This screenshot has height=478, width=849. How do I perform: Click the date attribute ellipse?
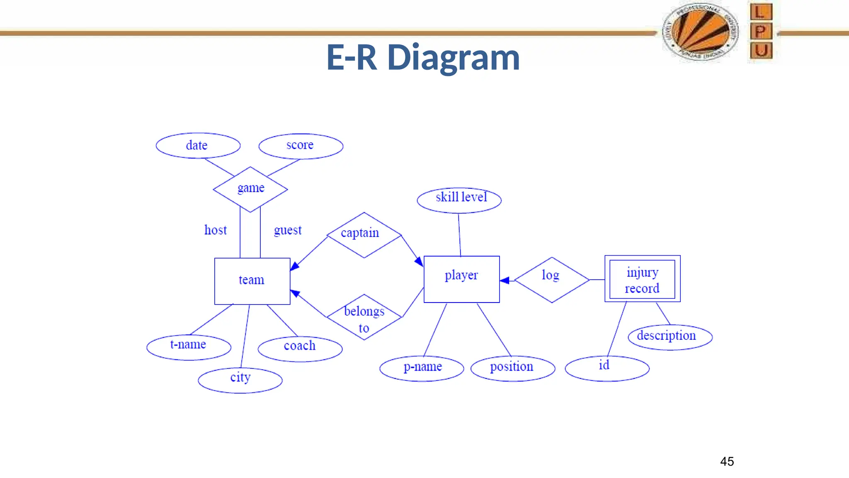[x=198, y=146]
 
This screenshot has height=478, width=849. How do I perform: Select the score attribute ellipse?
[x=301, y=146]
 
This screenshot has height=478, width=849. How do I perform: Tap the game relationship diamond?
[x=250, y=189]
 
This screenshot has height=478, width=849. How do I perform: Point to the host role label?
[x=216, y=230]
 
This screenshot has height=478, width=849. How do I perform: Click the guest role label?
[x=288, y=230]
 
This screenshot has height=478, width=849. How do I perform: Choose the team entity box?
[x=252, y=281]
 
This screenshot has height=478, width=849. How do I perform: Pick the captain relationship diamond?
[x=364, y=235]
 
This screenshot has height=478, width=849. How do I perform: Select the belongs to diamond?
[x=364, y=317]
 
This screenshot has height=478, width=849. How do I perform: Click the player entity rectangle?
[x=461, y=279]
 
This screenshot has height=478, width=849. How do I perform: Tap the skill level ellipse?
[x=459, y=200]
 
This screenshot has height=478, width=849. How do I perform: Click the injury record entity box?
[x=642, y=279]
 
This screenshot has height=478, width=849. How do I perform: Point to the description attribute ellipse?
[x=670, y=337]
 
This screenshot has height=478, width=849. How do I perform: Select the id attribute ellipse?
[x=607, y=368]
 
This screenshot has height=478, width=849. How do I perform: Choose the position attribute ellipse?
[x=513, y=368]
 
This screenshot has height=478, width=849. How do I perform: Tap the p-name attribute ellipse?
[x=422, y=368]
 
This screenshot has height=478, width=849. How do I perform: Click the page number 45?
[x=727, y=461]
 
